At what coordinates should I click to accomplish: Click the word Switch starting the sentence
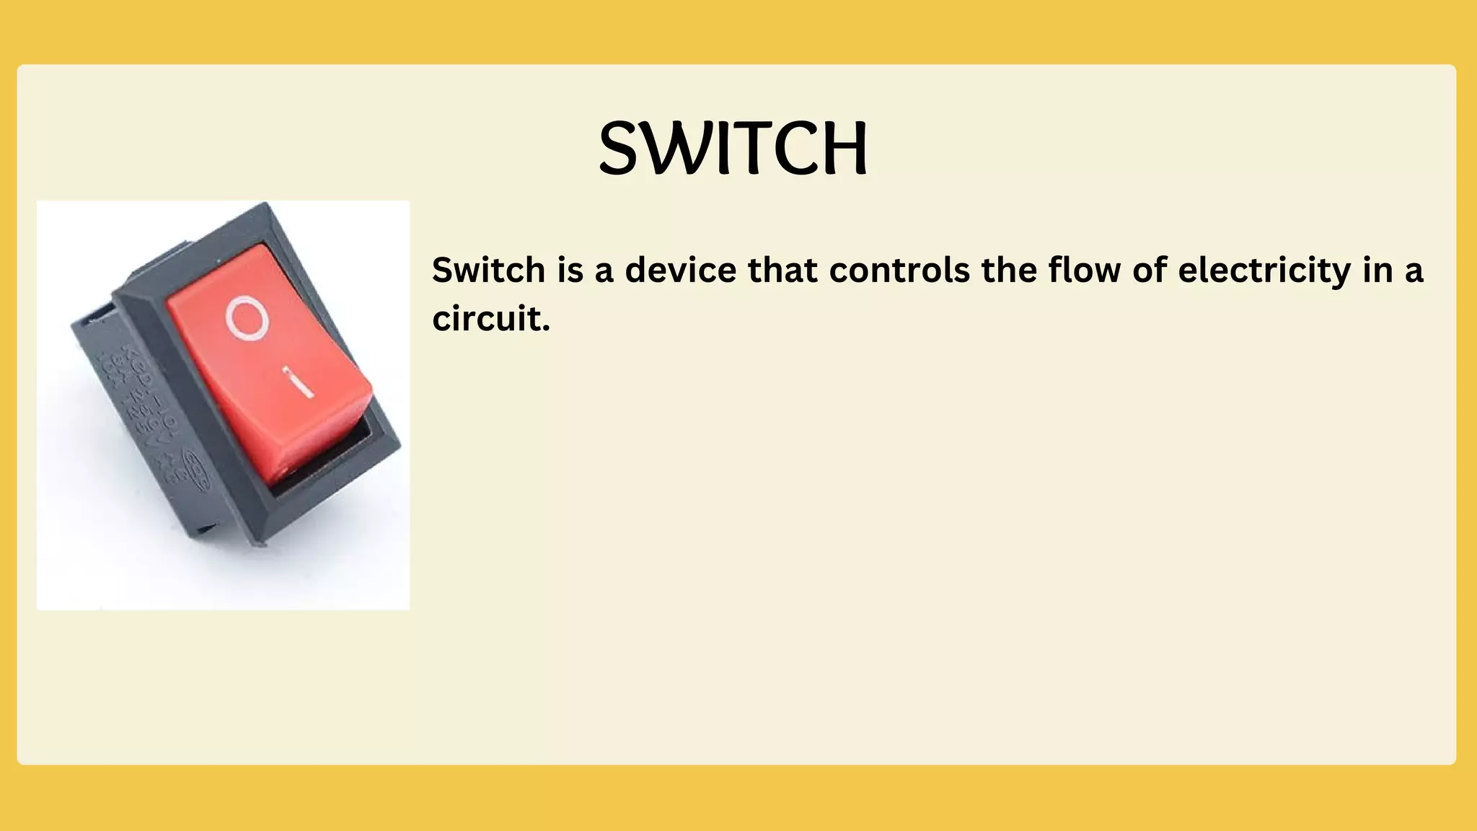(488, 271)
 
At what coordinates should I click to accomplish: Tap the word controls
(899, 271)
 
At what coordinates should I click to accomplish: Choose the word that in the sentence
(782, 271)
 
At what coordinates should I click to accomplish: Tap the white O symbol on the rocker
(247, 318)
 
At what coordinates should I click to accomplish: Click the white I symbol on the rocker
(297, 382)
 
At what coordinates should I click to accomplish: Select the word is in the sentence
(570, 271)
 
